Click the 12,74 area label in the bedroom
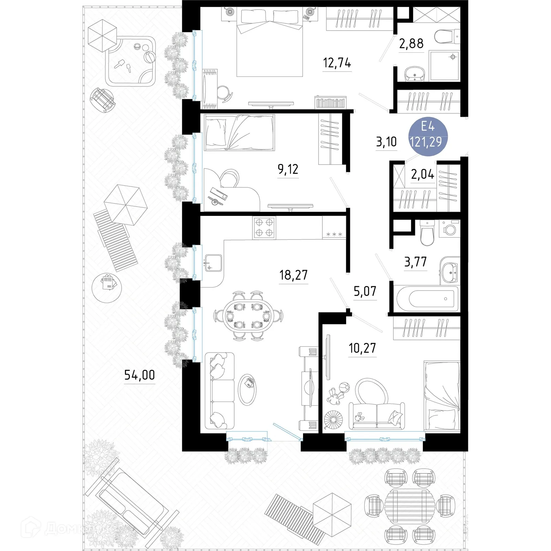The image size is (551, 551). click(x=337, y=63)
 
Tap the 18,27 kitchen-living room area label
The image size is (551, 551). click(x=293, y=275)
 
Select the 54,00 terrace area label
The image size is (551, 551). click(x=139, y=375)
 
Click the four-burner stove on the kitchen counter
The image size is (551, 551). click(x=264, y=228)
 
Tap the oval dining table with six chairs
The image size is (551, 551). click(x=248, y=316)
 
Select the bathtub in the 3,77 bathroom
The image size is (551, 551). click(x=427, y=298)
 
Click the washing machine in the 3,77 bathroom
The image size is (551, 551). click(x=450, y=228)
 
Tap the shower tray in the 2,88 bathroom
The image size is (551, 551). click(x=444, y=66)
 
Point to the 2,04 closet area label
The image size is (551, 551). click(x=423, y=175)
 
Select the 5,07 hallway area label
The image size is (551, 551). click(x=365, y=291)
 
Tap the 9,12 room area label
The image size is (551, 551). click(x=288, y=169)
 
